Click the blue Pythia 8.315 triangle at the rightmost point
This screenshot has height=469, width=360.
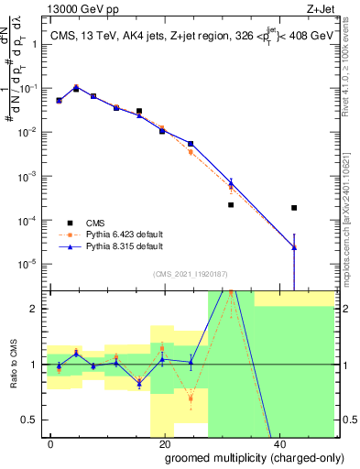click(x=294, y=246)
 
